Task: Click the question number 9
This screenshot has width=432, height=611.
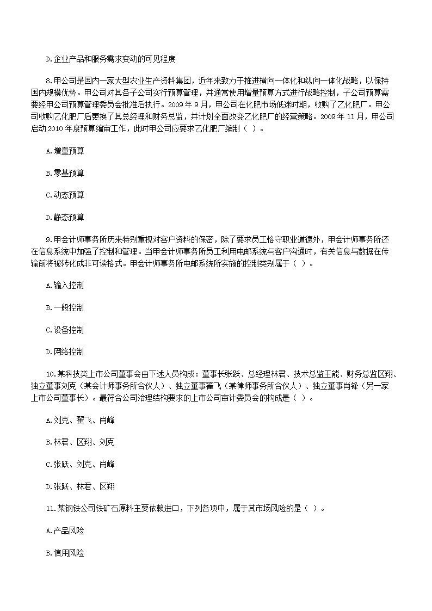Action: tap(48, 239)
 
